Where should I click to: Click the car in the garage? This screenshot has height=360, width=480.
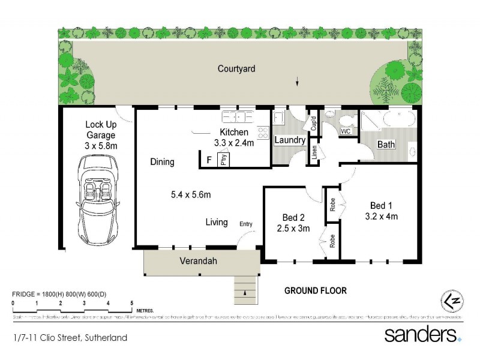click(x=98, y=197)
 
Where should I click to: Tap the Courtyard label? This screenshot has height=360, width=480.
click(x=236, y=69)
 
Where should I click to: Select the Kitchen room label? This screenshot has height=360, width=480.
click(x=233, y=132)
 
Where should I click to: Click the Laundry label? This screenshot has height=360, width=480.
click(x=290, y=140)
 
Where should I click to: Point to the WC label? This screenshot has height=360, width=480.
click(x=346, y=131)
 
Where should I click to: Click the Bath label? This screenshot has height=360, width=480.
click(x=386, y=145)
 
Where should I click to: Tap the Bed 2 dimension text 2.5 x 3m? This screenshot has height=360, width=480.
click(x=293, y=228)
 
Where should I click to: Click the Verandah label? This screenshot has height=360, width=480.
click(x=198, y=262)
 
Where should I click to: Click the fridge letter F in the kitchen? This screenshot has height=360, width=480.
click(x=208, y=160)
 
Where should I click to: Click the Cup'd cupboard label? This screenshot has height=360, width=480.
click(x=313, y=123)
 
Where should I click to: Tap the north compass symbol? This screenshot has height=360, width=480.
click(x=450, y=299)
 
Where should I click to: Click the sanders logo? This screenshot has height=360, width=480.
click(x=422, y=334)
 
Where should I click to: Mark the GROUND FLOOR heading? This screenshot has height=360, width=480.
click(x=315, y=291)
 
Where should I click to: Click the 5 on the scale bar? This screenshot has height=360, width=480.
click(x=131, y=303)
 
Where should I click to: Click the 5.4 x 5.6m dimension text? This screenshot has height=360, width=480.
click(x=191, y=194)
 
